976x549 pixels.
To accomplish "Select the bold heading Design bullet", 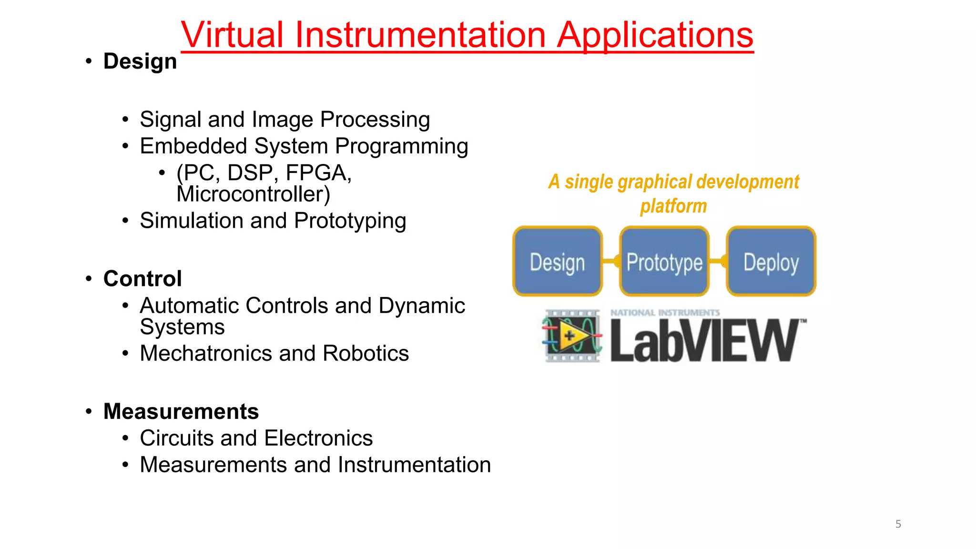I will pos(140,61).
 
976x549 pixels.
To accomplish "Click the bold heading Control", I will pos(142,279).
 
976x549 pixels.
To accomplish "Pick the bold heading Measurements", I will pos(181,412).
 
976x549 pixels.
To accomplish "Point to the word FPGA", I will pos(318,173).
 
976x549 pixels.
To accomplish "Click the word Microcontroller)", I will pos(253,194).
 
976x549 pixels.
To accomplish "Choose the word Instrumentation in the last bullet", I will pos(414,465).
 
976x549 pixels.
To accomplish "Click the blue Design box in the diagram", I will pos(557,262).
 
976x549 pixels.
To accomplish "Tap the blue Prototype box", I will pos(664,262).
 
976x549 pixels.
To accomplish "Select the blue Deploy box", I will pos(771,262).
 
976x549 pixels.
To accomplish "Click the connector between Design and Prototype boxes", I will pos(611,261).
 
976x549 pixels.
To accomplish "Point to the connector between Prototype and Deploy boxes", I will pos(718,261).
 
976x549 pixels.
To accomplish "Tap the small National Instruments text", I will pos(665,313).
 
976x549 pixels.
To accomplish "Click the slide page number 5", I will pos(898,524).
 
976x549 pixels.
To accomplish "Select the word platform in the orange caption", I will pos(673,206).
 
